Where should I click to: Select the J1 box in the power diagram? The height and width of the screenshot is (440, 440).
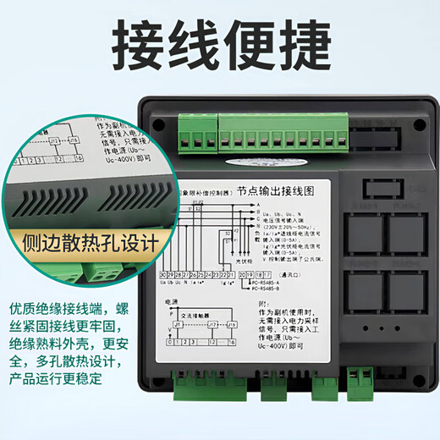[179, 322]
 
